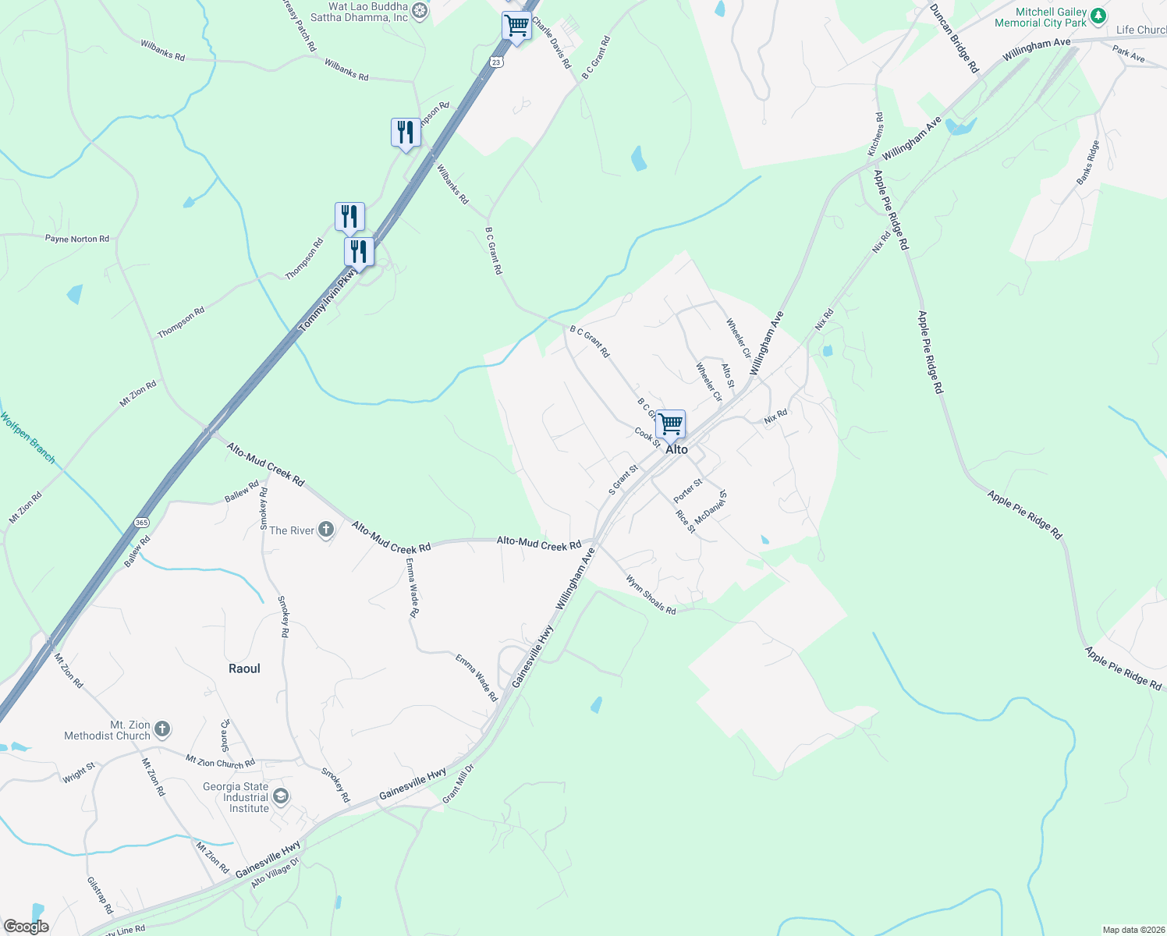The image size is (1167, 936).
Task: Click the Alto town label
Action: pos(676,449)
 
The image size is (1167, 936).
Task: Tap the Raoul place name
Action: pos(244,668)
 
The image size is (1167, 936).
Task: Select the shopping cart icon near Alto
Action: pos(670,424)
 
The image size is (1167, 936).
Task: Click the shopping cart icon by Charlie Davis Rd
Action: pos(516,26)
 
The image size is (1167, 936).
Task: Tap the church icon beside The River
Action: pos(326,530)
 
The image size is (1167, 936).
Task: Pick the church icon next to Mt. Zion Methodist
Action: pos(162,730)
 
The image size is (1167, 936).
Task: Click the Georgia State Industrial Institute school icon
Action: pos(281,796)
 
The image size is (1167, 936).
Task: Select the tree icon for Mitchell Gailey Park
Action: pos(1098,16)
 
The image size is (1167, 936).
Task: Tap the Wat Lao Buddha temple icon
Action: pos(420,10)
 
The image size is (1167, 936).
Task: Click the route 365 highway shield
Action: pos(141,523)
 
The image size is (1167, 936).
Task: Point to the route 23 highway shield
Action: pos(496,62)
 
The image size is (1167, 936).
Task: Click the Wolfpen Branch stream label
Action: pos(28,438)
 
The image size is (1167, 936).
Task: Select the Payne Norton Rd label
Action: pos(77,239)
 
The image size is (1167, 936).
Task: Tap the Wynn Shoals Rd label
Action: pos(651,594)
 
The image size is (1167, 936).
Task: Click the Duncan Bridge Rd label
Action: pos(954,38)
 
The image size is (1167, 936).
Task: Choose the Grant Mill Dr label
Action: pos(458,784)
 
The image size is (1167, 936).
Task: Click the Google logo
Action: pos(26,927)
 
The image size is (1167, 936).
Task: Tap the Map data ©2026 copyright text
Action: pos(1132,930)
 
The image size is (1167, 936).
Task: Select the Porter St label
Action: pos(688,491)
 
